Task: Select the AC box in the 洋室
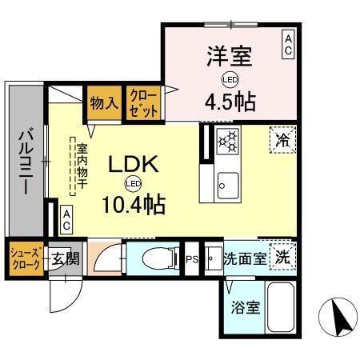286,44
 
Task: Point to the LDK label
133,164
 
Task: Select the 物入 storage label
103,102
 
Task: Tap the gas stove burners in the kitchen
227,142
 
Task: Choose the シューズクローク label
23,258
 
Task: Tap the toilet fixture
157,258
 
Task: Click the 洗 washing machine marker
282,258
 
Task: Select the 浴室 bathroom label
241,306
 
